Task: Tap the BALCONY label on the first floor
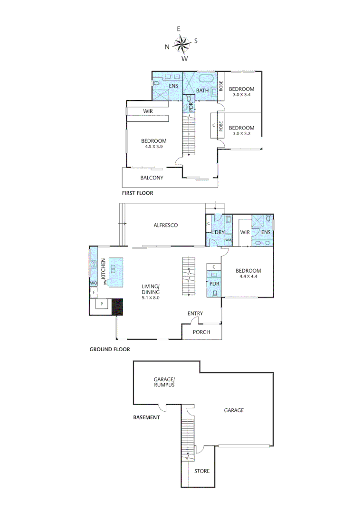(152, 178)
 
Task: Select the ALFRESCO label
(165, 225)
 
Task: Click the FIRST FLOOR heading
(137, 194)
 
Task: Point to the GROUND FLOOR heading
(110, 349)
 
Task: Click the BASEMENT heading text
(146, 417)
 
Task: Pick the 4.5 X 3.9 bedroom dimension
(153, 147)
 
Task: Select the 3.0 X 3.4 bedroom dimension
(241, 95)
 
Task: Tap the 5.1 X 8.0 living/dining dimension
(150, 297)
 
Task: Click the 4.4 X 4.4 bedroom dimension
(248, 277)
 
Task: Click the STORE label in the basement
(201, 471)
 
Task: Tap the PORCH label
(202, 332)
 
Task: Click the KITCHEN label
(103, 269)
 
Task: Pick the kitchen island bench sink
(114, 269)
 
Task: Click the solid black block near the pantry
(117, 306)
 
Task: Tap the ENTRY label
(195, 313)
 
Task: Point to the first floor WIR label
(148, 111)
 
